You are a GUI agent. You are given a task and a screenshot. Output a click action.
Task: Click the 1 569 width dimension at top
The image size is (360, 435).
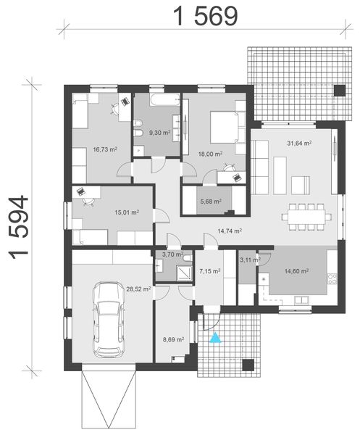205,16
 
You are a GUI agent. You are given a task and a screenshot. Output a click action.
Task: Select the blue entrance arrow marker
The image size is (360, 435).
214,336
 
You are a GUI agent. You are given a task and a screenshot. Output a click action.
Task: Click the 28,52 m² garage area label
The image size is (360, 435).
138,289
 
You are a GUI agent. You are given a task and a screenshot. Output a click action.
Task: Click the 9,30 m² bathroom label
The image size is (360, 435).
159,133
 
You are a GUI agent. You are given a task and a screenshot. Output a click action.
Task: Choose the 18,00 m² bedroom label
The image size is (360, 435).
211,154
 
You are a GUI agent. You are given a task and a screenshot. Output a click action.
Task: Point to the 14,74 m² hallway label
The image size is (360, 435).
230,231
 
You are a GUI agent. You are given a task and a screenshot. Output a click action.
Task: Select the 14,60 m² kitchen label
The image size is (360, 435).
298,271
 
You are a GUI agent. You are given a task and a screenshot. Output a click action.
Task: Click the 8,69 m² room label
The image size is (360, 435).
174,339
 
